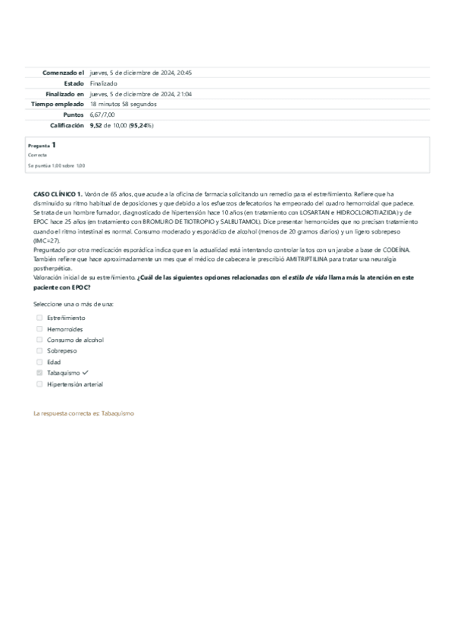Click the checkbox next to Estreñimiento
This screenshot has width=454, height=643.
click(x=39, y=318)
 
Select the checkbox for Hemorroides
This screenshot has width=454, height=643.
click(x=39, y=329)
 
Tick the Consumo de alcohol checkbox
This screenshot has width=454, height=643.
click(x=39, y=340)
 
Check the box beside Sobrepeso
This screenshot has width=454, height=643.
click(x=39, y=351)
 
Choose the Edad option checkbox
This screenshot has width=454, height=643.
click(x=39, y=362)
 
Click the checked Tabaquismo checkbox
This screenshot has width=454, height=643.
click(x=39, y=373)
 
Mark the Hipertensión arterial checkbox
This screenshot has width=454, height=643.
click(x=39, y=384)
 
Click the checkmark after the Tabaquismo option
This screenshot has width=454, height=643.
click(x=86, y=373)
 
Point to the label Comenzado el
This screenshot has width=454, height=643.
click(x=63, y=72)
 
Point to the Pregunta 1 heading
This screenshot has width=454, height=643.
click(x=42, y=144)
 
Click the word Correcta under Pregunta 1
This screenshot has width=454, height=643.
click(x=37, y=155)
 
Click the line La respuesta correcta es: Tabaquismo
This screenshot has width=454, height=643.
click(x=83, y=414)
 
